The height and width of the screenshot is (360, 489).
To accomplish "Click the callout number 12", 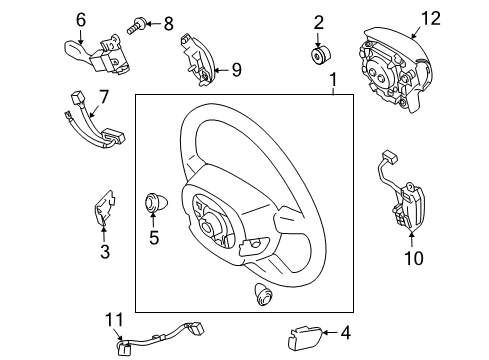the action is click(x=431, y=18).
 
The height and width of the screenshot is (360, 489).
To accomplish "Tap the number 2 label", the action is click(x=319, y=23).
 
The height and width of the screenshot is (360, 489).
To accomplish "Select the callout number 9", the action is click(x=236, y=70).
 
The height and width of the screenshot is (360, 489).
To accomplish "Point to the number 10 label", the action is click(x=414, y=258).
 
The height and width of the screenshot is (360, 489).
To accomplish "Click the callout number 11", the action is click(x=114, y=320).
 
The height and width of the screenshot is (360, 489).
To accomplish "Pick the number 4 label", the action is click(x=346, y=333).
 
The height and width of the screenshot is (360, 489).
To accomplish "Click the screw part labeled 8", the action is click(x=136, y=26).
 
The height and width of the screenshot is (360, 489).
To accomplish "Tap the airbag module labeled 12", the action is click(x=394, y=72).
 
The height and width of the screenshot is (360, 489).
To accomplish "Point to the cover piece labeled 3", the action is click(x=105, y=209).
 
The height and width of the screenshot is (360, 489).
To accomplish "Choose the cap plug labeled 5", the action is click(x=156, y=203).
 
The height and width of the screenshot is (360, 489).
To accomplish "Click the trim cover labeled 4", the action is click(x=304, y=338).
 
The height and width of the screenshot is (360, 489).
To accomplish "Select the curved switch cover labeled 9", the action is click(x=199, y=60).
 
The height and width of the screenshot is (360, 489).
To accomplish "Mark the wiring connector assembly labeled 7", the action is click(x=94, y=120).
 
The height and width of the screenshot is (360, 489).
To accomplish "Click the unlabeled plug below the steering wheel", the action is click(x=263, y=293).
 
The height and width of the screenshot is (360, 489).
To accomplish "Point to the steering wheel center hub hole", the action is click(x=207, y=228).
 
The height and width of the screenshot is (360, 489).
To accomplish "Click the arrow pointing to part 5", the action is click(x=153, y=221).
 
